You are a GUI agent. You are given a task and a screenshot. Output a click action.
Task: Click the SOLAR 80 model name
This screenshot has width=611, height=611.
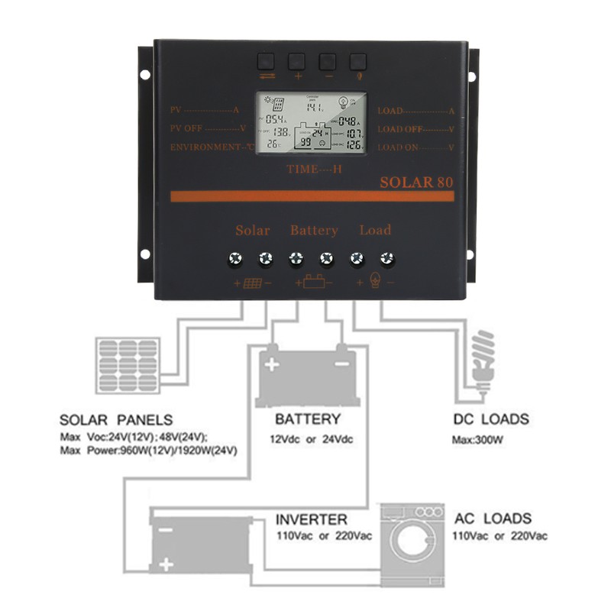point(416,183)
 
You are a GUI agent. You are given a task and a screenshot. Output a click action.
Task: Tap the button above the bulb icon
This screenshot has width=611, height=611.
point(357,61)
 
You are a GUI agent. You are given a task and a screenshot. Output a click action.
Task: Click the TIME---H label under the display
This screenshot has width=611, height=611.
point(314,169)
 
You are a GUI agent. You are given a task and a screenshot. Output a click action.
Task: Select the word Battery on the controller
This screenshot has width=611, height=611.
point(313,230)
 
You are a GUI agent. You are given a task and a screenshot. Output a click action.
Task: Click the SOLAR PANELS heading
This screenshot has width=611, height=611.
point(116,420)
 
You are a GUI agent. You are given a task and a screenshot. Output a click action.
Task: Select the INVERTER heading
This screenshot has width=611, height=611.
point(312,519)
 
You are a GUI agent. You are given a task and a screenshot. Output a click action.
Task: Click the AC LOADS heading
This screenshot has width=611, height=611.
point(493,518)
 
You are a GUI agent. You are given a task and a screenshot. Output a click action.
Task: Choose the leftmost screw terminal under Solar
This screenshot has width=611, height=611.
point(234,260)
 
